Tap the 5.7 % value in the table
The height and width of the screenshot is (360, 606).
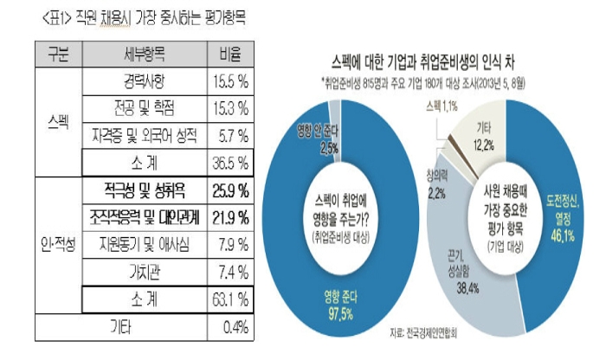(230, 135)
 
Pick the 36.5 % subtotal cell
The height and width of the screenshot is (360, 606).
(230, 162)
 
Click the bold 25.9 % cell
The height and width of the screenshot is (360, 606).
(230, 189)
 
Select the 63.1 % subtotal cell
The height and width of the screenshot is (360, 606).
(230, 299)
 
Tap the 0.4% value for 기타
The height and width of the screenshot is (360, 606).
(230, 326)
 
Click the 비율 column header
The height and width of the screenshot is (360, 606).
(230, 51)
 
